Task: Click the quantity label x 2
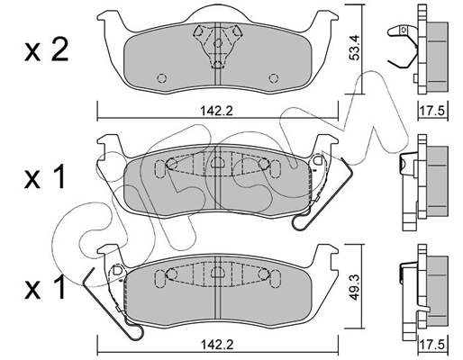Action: click(47, 50)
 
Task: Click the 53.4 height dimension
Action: click(354, 48)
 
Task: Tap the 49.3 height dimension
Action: click(354, 287)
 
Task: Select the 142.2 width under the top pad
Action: click(216, 112)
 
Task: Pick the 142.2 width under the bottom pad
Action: click(216, 345)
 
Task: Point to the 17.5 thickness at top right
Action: click(432, 112)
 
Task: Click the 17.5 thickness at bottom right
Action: click(432, 345)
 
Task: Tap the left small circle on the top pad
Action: click(162, 78)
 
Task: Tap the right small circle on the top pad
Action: click(273, 78)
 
